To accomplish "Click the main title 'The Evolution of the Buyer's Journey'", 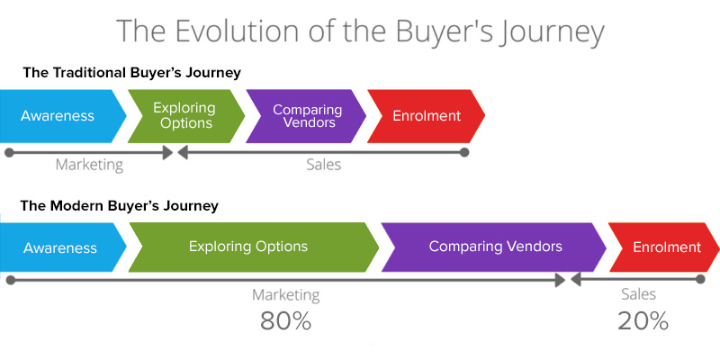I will point(360,31).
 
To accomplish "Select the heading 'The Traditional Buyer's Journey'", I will point(131,73).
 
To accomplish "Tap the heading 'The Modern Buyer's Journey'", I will point(120,206).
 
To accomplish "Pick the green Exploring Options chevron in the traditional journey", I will point(185,116).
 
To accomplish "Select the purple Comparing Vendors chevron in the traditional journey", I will point(306,116).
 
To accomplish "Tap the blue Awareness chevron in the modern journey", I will point(60,247).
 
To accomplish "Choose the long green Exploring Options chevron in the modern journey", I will point(249,247).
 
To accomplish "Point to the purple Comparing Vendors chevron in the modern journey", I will point(494,247).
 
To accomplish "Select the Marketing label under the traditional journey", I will point(89,166).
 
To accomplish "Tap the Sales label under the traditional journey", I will point(323,166).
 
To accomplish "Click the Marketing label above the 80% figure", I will point(285,295).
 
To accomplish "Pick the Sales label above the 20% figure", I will point(639,294).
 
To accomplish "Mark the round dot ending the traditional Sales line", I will point(464,153).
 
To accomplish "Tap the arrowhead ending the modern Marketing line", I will point(561,281).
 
